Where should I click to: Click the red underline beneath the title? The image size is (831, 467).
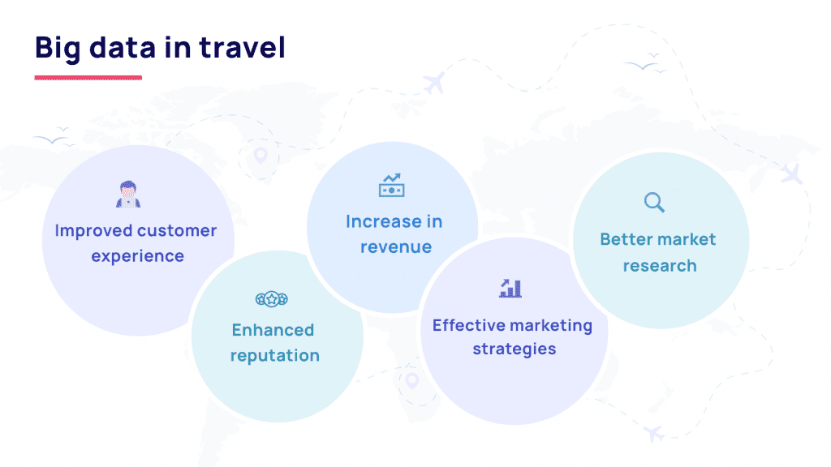tap(88, 78)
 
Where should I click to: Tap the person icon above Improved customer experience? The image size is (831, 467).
tap(126, 195)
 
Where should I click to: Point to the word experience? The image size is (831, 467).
tap(137, 256)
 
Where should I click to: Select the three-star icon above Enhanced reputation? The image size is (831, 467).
tap(272, 299)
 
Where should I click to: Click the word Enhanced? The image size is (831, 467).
tap(273, 330)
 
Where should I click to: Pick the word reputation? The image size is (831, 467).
tap(274, 356)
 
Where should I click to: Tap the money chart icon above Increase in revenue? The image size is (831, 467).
tap(391, 186)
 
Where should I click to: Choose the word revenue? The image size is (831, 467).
tap(396, 247)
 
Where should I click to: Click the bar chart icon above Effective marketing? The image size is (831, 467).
tap(510, 288)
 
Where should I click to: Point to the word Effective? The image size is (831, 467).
tap(466, 325)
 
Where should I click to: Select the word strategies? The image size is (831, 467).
tap(514, 350)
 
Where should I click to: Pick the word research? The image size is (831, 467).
tap(659, 266)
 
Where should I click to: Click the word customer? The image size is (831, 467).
tap(177, 231)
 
